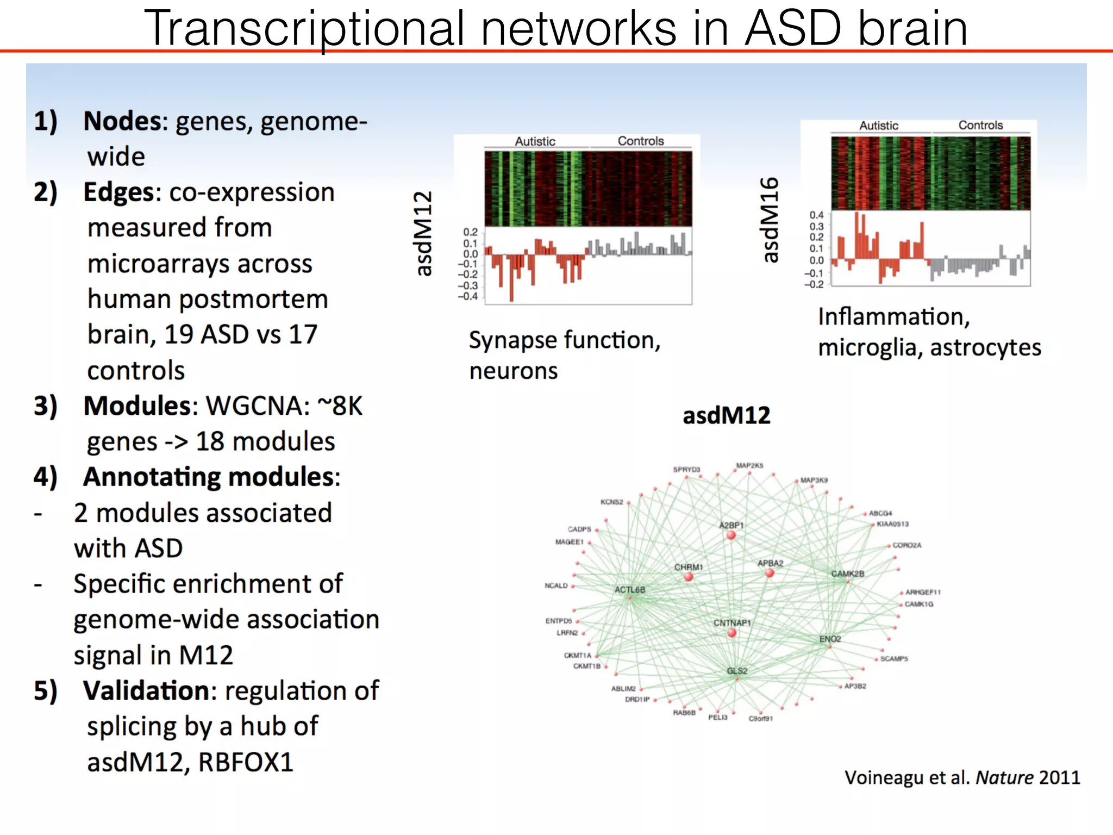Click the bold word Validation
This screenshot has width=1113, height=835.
tap(146, 691)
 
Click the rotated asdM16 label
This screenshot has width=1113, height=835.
tap(770, 220)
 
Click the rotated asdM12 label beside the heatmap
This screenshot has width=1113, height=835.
tap(423, 234)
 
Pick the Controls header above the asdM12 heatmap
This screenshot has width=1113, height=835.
tap(641, 141)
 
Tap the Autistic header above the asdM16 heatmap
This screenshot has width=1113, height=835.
tap(878, 126)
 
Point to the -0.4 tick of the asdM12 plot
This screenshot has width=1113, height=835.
tap(468, 296)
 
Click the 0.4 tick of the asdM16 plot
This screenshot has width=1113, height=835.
tap(816, 215)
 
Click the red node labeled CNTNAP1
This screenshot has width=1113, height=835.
tap(731, 633)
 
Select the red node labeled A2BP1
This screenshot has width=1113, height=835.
tap(731, 535)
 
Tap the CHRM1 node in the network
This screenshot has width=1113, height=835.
tap(689, 576)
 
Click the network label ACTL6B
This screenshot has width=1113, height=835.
tap(630, 590)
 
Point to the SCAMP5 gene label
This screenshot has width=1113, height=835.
tap(894, 659)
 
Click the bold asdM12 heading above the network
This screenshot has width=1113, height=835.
tap(727, 416)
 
